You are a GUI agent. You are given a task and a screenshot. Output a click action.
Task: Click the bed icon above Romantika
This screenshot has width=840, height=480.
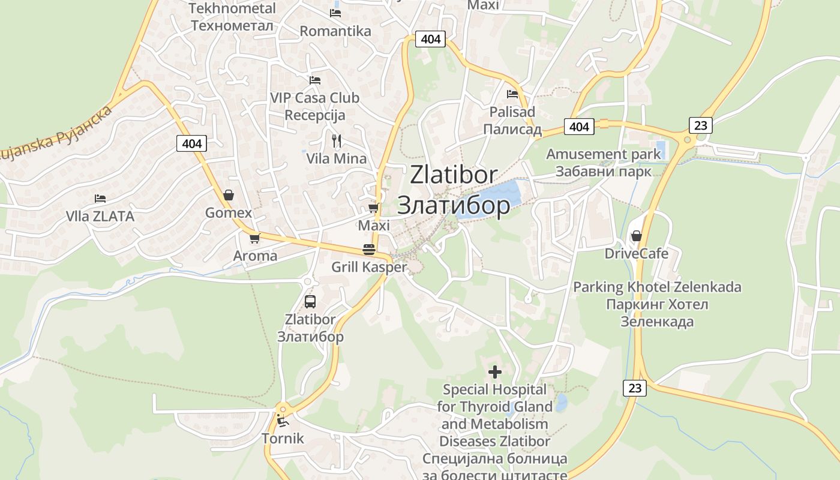[335, 13]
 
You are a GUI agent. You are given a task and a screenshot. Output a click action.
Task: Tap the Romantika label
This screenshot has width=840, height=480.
[335, 31]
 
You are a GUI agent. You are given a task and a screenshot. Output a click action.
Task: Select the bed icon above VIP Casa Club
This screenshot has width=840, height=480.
[314, 80]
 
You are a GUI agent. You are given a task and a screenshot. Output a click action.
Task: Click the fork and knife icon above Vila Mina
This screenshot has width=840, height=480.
[337, 141]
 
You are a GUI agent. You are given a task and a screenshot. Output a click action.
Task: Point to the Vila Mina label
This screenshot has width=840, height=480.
[337, 159]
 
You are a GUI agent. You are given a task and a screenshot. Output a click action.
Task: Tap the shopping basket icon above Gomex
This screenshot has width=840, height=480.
[228, 195]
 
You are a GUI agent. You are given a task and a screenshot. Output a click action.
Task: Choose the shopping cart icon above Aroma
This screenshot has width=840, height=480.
[254, 238]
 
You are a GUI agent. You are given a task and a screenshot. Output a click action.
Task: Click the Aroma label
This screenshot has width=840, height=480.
[255, 256]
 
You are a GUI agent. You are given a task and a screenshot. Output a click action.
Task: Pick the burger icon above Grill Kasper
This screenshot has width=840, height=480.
[369, 250]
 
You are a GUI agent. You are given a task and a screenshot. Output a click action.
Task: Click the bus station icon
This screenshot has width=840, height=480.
[310, 302]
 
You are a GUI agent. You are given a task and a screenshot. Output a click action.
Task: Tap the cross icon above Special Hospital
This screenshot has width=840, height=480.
[495, 373]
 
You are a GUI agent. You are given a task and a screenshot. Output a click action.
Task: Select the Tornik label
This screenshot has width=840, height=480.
[283, 439]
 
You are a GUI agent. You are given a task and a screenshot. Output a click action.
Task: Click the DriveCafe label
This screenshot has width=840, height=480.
[636, 254]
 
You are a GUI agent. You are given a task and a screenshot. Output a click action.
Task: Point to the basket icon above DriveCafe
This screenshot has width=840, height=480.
[636, 236]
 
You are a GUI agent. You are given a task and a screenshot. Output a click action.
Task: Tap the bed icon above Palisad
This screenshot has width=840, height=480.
[512, 94]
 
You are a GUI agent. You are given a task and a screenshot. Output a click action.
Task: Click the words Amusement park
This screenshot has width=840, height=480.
[603, 154]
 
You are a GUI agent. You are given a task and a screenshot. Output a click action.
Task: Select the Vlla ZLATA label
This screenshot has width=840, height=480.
[100, 217]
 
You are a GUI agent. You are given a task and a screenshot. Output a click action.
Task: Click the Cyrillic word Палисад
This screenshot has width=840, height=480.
[512, 130]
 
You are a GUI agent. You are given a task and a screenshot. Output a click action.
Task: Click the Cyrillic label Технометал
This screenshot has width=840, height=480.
[232, 26]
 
